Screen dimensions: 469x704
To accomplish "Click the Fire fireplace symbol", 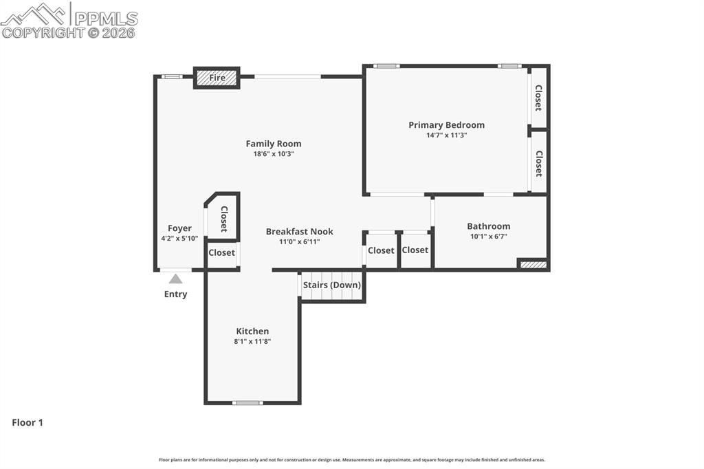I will tap(217, 78).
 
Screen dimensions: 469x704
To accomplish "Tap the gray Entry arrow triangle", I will tap(176, 279).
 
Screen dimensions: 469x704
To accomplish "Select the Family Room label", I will tap(274, 144).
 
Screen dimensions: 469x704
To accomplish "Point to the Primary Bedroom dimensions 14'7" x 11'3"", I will tap(446, 135).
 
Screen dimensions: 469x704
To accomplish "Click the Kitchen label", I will tap(252, 331).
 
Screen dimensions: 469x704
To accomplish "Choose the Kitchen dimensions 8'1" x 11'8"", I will tap(252, 341).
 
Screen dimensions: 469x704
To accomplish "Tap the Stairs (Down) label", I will tap(332, 285).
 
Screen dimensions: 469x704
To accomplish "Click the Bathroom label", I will tap(488, 226).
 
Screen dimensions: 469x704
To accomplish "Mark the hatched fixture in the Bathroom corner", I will tap(533, 264).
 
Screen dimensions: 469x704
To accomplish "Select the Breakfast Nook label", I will tap(299, 232).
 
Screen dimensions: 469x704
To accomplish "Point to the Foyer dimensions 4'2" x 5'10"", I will tap(179, 239).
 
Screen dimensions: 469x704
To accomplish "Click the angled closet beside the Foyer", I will tap(223, 218).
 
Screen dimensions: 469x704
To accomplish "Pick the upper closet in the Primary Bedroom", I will tap(538, 98).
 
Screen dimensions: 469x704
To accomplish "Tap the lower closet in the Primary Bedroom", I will tap(538, 163).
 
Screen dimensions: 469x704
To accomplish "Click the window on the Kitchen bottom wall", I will tap(247, 402).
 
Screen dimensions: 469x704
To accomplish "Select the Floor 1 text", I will tap(27, 422).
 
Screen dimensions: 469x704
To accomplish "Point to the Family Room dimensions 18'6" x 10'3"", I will tap(274, 154).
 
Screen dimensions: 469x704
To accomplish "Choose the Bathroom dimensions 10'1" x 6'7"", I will tap(488, 237).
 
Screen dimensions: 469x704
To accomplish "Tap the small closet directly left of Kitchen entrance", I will tap(221, 253).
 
